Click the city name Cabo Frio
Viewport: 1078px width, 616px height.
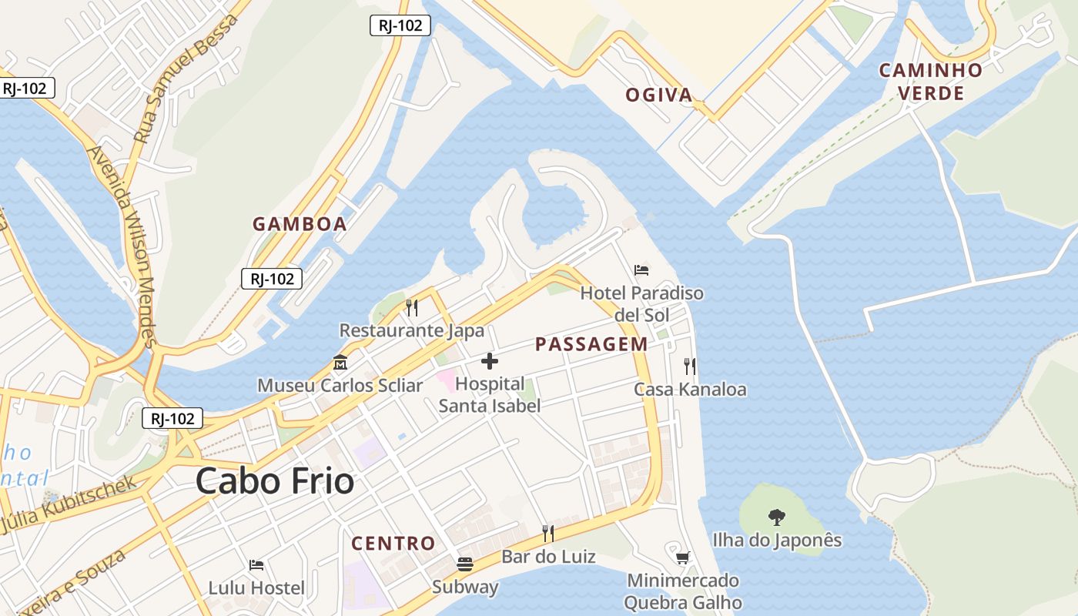[x=275, y=481]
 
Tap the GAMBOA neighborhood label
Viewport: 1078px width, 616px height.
[x=300, y=224]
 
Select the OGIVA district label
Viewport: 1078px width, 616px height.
[x=658, y=95]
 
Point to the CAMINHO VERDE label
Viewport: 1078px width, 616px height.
[x=931, y=82]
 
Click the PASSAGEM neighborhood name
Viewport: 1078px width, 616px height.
[x=591, y=344]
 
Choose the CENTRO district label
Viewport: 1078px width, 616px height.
[x=393, y=543]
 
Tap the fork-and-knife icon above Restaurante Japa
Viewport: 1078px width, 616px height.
[x=412, y=308]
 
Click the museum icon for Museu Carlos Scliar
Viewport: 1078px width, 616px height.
[x=340, y=362]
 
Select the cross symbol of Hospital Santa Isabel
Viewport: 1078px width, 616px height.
[x=489, y=360]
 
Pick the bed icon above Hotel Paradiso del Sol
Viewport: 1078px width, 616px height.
[x=641, y=270]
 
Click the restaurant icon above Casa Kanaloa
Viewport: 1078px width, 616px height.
[x=689, y=367]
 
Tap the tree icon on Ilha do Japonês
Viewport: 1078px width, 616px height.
[x=777, y=517]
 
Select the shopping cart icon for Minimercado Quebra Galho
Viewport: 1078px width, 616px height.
[x=682, y=557]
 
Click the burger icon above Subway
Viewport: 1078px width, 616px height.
[x=464, y=564]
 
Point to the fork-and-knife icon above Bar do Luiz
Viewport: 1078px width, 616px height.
[x=548, y=533]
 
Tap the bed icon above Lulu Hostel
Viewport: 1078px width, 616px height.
[x=256, y=565]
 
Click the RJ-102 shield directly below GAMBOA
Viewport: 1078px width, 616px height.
[x=272, y=279]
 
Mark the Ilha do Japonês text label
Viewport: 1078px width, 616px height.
[x=777, y=541]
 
